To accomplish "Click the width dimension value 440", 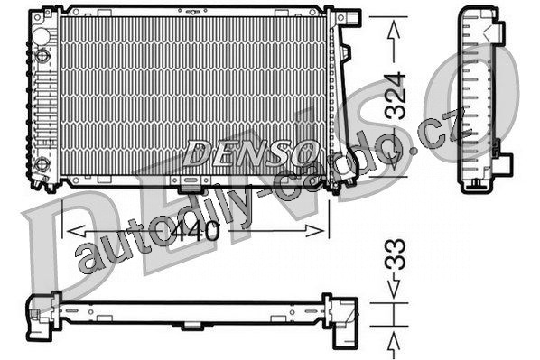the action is click(x=195, y=230).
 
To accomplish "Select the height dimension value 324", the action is click(x=395, y=96).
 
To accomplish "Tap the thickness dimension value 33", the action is click(x=395, y=254).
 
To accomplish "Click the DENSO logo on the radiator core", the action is click(x=250, y=152).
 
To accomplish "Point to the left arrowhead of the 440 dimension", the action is click(x=76, y=231).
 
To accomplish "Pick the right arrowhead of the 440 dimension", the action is click(x=315, y=231).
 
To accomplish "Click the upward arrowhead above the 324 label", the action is click(x=394, y=30).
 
